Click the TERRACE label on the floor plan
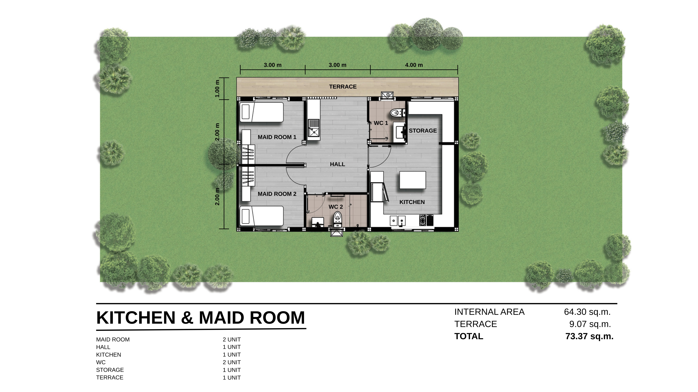[x=343, y=87]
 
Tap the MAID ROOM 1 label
[x=277, y=137]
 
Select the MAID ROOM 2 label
[x=277, y=194]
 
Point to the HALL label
[x=337, y=164]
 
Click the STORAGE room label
[x=423, y=131]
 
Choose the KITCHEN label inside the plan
[x=412, y=202]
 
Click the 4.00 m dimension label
[x=414, y=65]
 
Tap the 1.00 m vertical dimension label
[x=217, y=89]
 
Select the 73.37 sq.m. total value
[x=589, y=336]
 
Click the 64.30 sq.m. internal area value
[x=587, y=312]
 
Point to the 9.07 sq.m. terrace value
[x=590, y=324]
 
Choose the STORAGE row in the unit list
[x=110, y=370]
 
